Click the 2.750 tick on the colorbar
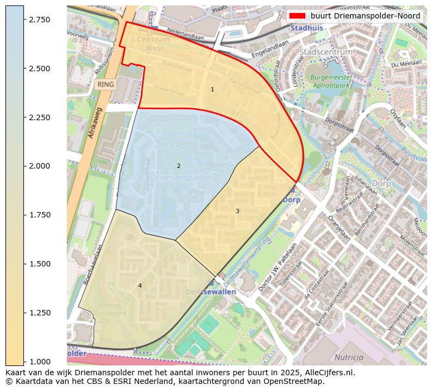click(x=24, y=20)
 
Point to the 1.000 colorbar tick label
click(x=39, y=362)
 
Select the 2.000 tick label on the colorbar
click(x=39, y=166)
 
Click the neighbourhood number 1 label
click(x=212, y=89)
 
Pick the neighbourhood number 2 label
click(x=178, y=166)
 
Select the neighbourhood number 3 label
click(x=237, y=211)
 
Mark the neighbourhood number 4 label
click(x=140, y=286)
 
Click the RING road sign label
click(x=106, y=84)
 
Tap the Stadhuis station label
click(x=306, y=28)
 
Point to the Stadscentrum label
click(x=326, y=52)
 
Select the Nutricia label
click(x=349, y=357)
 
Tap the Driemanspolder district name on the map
click(x=181, y=178)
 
